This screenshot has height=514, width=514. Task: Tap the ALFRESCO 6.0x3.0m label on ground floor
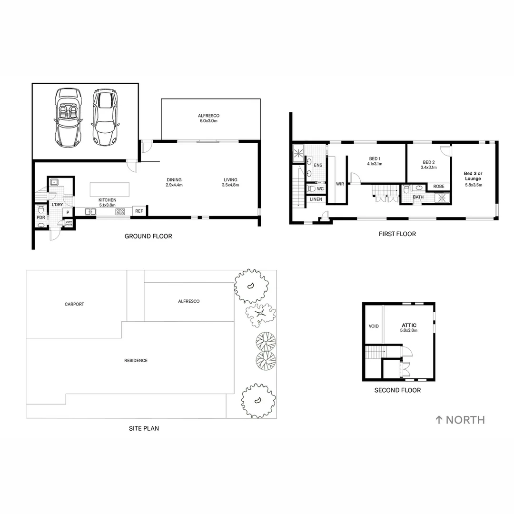208,119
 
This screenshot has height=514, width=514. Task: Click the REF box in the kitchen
139,211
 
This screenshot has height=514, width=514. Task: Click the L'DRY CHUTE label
69,223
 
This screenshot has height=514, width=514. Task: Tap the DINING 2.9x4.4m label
174,182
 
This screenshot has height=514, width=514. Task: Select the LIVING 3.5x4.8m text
231,182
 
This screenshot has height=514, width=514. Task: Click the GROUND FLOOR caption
148,236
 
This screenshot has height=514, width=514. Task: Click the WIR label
340,184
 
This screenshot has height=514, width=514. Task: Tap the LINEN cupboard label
316,199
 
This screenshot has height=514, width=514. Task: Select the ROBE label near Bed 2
438,187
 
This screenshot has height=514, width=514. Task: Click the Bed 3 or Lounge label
473,176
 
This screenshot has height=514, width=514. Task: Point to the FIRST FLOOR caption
397,234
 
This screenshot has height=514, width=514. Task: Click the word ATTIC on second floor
408,325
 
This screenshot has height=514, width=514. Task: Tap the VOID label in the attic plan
374,326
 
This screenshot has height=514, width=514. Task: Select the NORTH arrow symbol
439,420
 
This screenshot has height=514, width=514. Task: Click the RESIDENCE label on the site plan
137,360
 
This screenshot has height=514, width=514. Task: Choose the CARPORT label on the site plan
74,304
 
